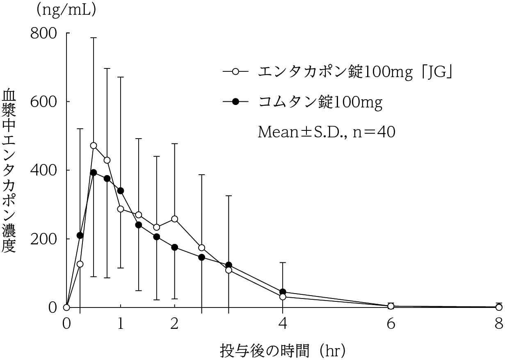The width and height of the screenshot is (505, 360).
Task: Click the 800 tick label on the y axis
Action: (43, 34)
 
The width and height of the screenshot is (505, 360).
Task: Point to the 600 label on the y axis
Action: (43, 102)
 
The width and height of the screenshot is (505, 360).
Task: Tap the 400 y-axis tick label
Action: (43, 171)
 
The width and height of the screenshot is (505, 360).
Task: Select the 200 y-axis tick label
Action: (43, 239)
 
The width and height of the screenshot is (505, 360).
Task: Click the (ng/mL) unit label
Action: (67, 10)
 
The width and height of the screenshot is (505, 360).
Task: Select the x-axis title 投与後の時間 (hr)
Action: (283, 351)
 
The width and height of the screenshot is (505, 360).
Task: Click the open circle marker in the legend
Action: (235, 72)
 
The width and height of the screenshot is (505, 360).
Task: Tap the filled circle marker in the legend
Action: (235, 102)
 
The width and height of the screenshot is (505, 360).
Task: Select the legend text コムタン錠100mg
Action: (320, 102)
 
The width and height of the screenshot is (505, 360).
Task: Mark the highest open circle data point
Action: (94, 146)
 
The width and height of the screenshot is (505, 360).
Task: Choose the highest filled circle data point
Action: (94, 173)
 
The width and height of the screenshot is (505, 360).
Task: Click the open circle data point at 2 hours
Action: (174, 219)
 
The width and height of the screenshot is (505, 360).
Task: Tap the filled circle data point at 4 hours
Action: (283, 292)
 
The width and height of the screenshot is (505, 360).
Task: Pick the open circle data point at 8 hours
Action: (499, 307)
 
